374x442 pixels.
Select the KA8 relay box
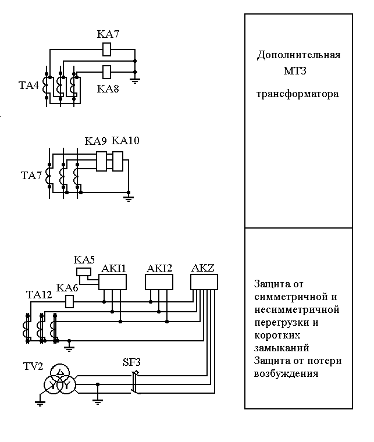(107, 72)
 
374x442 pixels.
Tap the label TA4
(29, 86)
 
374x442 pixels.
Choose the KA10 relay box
(117, 161)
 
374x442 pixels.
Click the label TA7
(31, 175)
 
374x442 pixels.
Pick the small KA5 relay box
(83, 272)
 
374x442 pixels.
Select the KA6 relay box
(70, 301)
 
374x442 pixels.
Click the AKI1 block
(113, 282)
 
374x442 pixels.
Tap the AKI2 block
(159, 282)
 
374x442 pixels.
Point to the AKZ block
(204, 282)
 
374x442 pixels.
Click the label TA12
(39, 295)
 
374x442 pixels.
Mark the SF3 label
(131, 362)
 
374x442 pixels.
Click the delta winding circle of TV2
(59, 372)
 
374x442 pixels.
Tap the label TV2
(33, 367)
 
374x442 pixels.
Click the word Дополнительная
(298, 55)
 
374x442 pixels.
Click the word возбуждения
(286, 373)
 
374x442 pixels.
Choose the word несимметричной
(296, 309)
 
